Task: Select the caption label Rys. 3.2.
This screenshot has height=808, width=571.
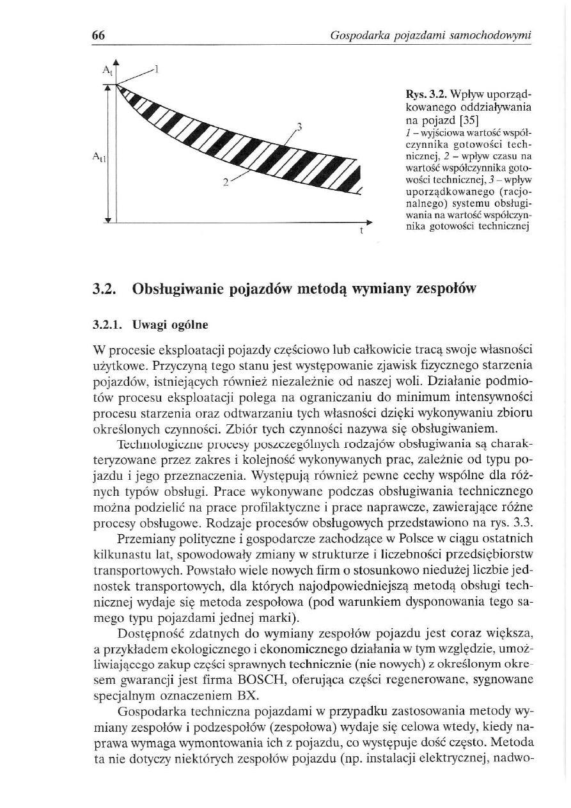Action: (414, 94)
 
